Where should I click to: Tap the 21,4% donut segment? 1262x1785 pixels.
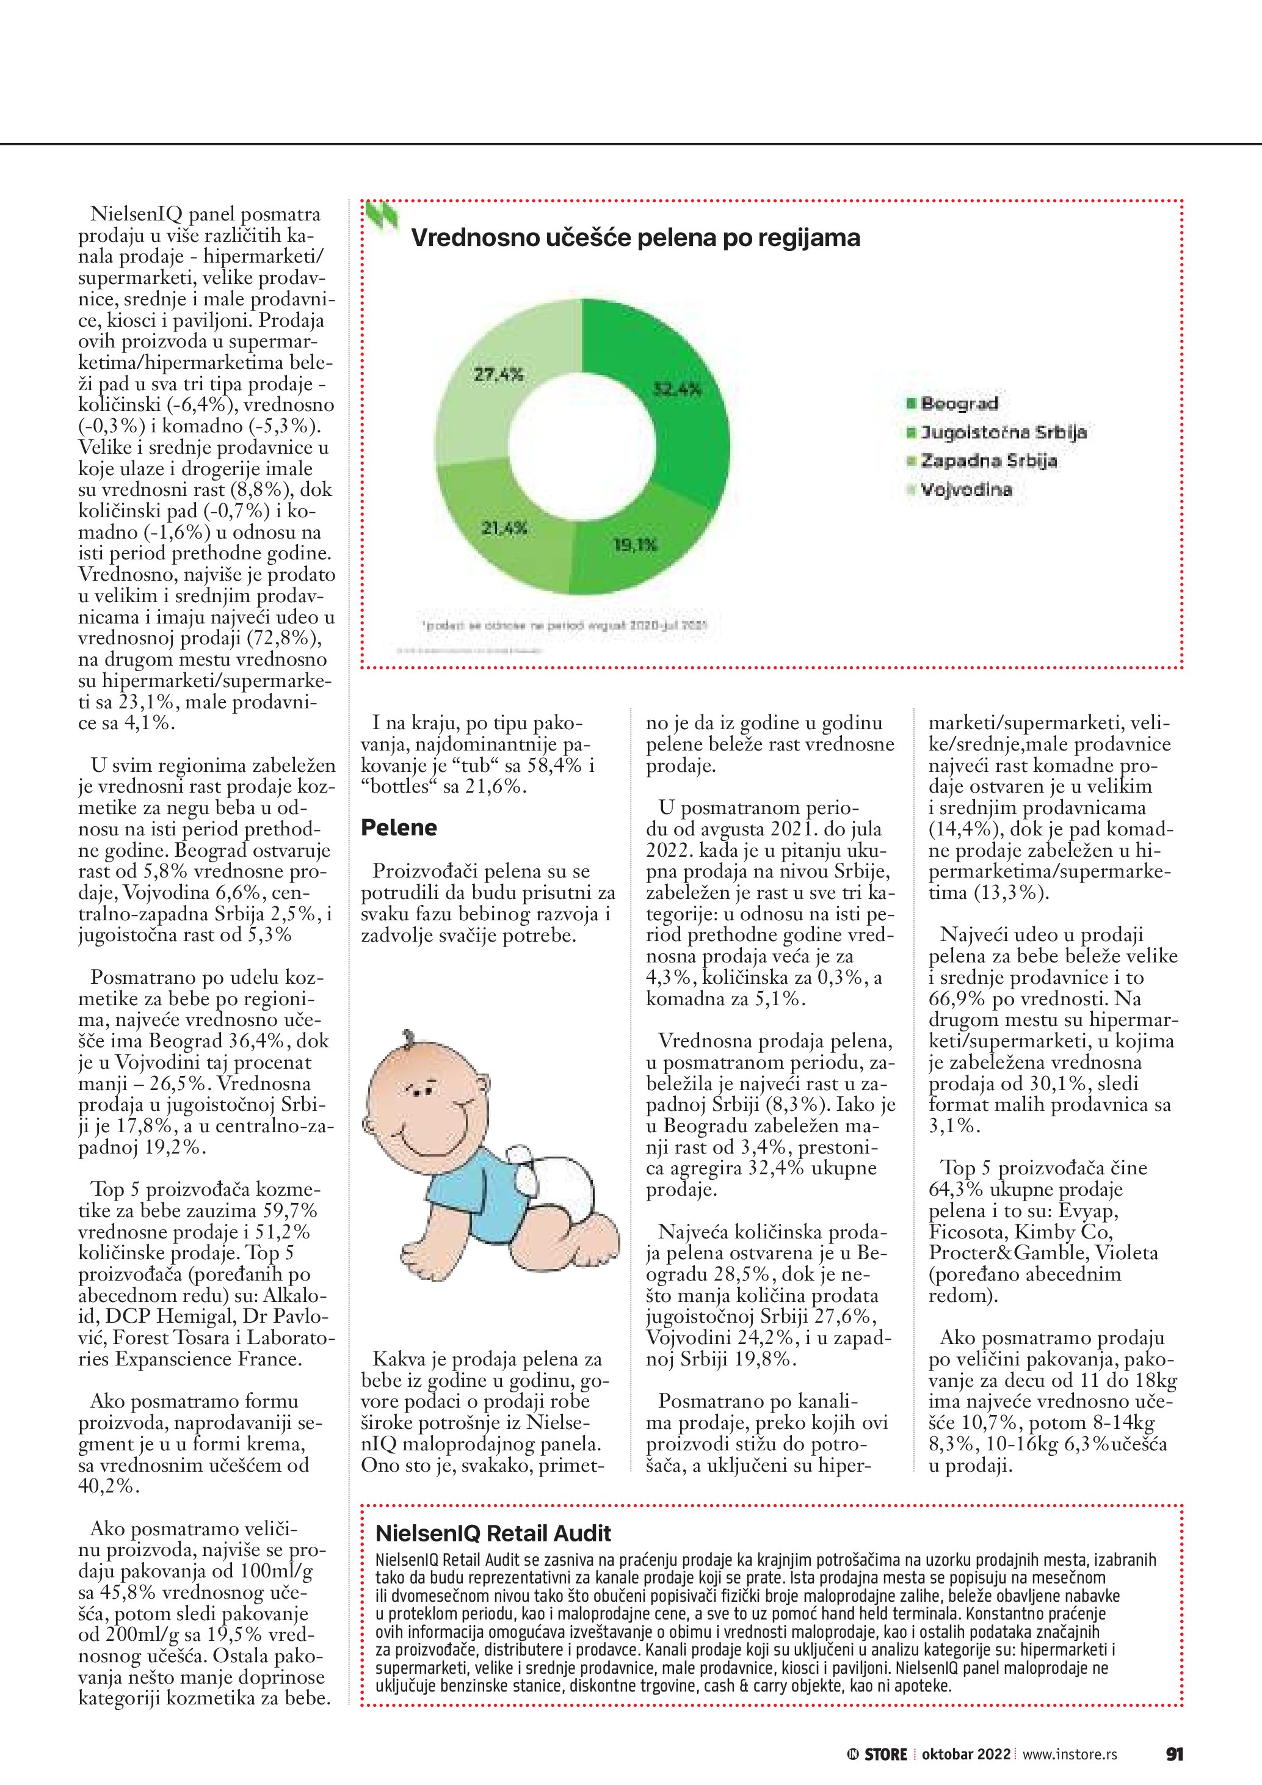(x=505, y=529)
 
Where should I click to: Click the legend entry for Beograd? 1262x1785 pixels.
(x=959, y=404)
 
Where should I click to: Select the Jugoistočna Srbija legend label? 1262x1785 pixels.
(x=1003, y=432)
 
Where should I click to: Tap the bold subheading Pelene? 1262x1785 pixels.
(x=399, y=827)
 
